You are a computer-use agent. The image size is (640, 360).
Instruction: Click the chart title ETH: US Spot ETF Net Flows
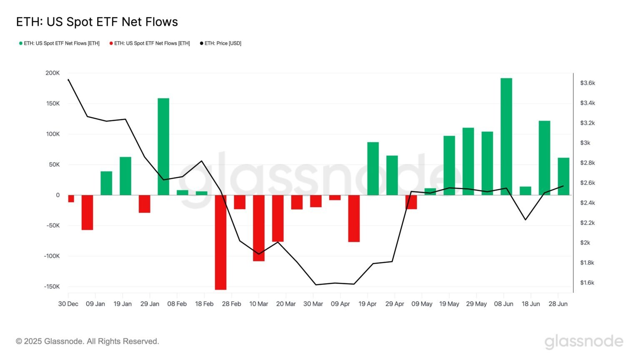coord(97,22)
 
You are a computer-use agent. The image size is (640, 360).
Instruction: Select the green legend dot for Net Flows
coord(21,43)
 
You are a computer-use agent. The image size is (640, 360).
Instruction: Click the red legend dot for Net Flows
coord(111,43)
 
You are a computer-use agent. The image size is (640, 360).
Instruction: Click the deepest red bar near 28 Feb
coord(220,242)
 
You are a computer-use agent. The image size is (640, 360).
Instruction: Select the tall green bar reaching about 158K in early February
coord(163,146)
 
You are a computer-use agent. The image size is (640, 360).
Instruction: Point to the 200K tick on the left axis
coord(52,73)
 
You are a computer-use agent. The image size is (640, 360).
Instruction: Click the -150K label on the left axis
coord(52,287)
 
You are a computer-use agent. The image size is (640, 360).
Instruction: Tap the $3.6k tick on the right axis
coord(587,83)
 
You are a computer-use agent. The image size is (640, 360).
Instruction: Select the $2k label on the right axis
coord(585,243)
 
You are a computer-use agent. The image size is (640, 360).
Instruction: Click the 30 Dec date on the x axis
coord(68,304)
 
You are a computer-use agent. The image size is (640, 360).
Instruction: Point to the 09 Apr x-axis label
coord(340,304)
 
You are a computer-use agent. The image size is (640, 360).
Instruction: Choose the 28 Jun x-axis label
coord(558,304)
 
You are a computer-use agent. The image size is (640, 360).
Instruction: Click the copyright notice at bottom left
coord(87,341)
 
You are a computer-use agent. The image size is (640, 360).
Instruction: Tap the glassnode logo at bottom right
coord(584,341)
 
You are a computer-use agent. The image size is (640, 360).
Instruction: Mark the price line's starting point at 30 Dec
coord(68,80)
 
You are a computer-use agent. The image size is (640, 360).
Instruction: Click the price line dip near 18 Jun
coord(525,220)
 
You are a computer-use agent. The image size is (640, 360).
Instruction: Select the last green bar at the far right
coord(563,176)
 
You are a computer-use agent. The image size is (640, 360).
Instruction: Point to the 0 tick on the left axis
coord(57,195)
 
